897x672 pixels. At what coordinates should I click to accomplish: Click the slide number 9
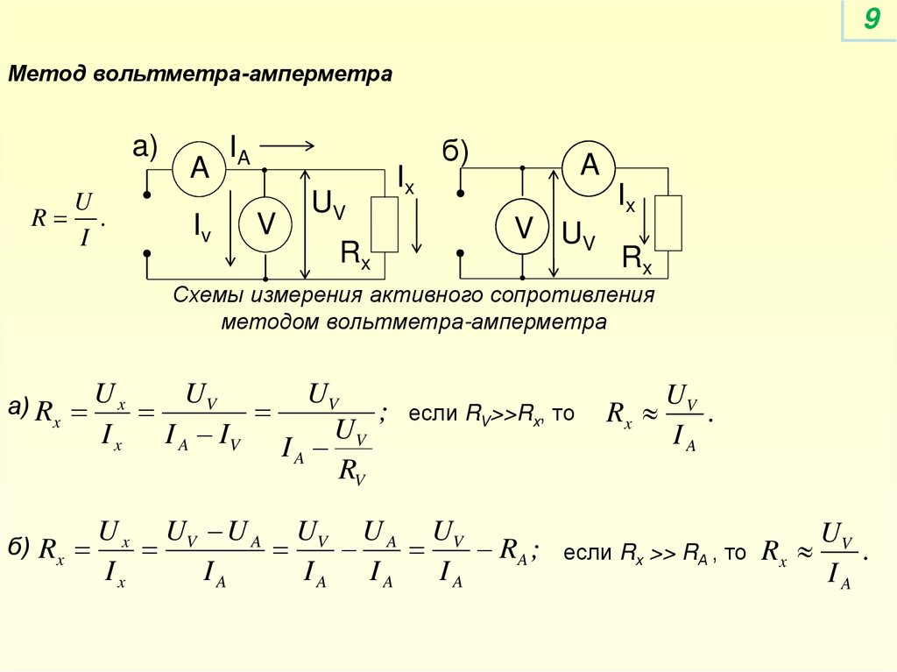point(871,18)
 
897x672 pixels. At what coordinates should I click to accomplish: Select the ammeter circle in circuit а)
point(200,168)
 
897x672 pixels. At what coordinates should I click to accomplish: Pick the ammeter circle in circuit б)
point(590,166)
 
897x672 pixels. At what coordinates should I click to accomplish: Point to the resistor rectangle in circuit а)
point(385,224)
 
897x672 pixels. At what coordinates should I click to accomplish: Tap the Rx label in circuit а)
point(356,255)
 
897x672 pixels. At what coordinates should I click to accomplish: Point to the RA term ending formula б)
point(512,551)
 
